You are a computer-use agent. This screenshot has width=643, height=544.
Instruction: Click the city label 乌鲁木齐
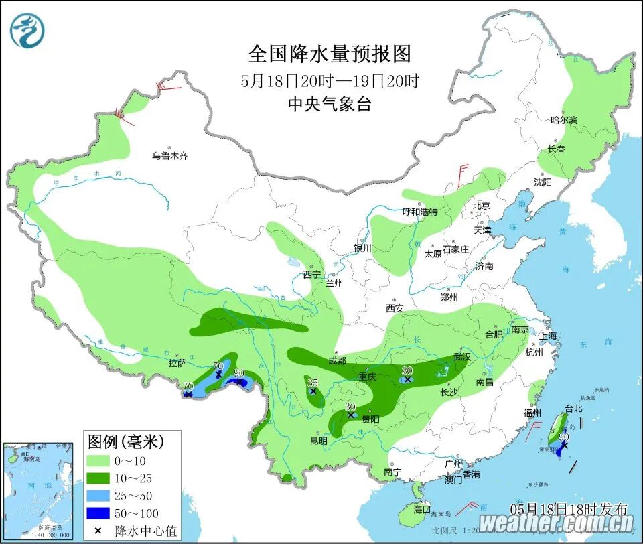[x=169, y=156]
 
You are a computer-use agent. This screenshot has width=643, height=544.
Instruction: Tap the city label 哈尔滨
[x=563, y=120]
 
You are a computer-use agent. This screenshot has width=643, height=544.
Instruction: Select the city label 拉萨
[x=177, y=363]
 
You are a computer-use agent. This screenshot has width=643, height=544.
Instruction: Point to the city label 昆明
[x=318, y=441]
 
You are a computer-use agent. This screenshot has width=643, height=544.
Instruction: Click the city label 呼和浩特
[x=419, y=212]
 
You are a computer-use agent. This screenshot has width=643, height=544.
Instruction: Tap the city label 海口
[x=423, y=509]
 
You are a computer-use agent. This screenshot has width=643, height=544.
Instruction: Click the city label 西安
[x=395, y=308]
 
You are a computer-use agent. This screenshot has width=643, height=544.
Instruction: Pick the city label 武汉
[x=462, y=357]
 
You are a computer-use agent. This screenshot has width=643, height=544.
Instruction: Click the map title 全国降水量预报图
[x=330, y=53]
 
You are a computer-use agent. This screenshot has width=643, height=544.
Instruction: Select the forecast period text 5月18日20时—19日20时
[x=330, y=81]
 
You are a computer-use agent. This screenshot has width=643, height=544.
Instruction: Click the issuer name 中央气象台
[x=330, y=104]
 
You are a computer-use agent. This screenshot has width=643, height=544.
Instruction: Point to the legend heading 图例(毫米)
[x=126, y=441]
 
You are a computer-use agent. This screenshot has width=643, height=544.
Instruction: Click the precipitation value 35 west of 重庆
[x=312, y=383]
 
